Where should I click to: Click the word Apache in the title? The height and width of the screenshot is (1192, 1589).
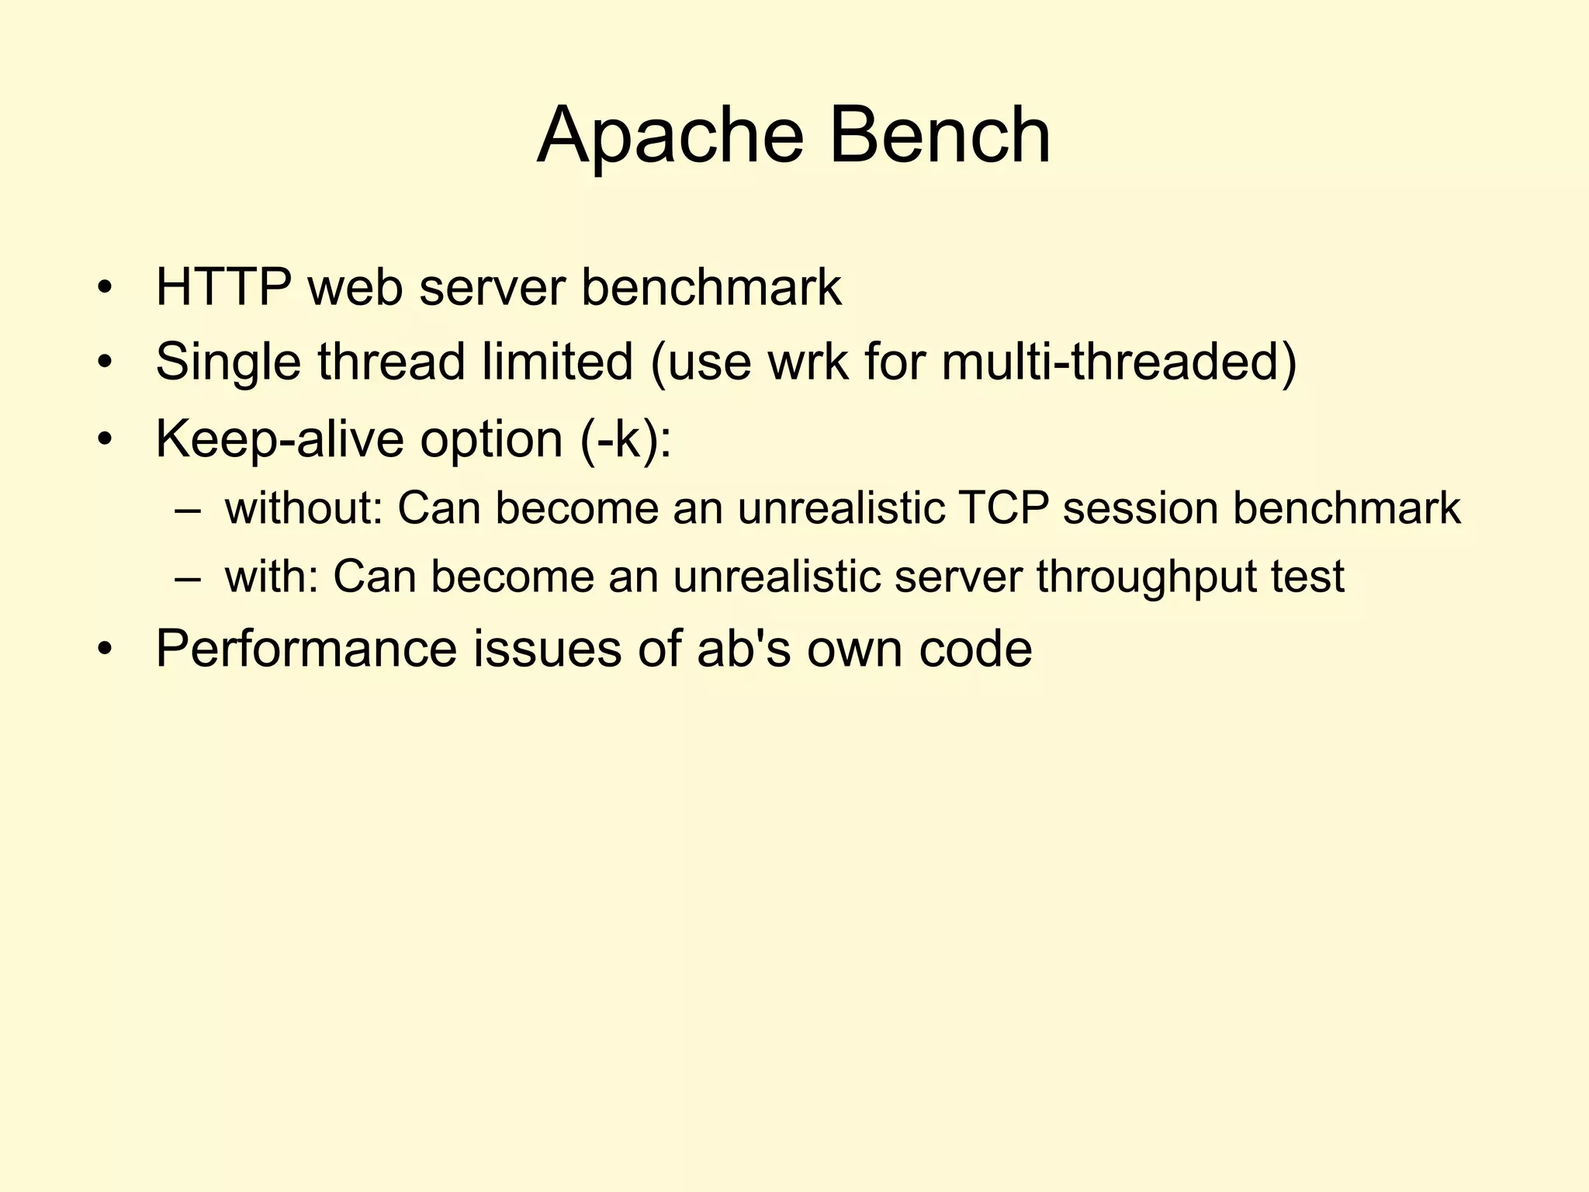[x=670, y=136]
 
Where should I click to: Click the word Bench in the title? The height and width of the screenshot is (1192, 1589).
[x=940, y=136]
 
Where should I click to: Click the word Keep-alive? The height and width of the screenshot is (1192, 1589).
[x=279, y=439]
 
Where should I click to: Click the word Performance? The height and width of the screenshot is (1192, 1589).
[x=306, y=648]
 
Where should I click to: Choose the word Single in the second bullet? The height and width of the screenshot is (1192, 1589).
[x=228, y=362]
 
